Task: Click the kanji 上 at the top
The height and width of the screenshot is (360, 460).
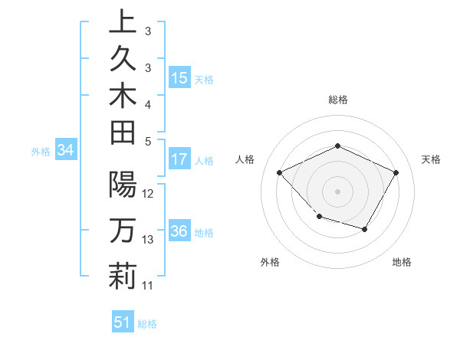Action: [123, 23]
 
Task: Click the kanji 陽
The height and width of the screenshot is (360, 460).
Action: [123, 184]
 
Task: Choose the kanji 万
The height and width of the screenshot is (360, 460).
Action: [123, 230]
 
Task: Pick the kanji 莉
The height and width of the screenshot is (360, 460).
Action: [123, 276]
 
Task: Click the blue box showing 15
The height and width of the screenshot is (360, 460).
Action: [179, 78]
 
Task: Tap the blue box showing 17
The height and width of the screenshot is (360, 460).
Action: [179, 160]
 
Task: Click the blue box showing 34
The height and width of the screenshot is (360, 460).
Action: [66, 151]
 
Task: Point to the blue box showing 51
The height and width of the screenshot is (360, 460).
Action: [123, 323]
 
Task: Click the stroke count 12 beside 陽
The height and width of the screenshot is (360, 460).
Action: [149, 194]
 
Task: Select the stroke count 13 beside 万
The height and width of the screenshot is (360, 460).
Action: [149, 240]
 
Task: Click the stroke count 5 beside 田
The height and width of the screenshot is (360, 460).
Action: [148, 141]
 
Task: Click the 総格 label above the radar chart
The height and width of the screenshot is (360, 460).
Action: [338, 100]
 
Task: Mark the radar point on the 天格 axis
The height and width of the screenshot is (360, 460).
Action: [396, 172]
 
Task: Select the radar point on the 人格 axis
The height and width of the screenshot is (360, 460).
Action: [280, 172]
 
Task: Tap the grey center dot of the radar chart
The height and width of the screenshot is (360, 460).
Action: [338, 191]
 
